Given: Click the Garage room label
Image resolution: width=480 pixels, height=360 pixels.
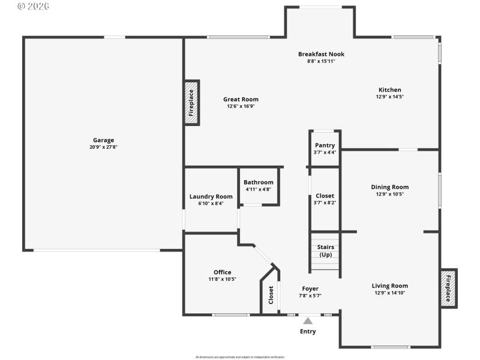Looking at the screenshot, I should (103, 140).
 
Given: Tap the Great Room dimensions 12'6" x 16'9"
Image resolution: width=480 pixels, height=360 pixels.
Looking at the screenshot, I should (241, 106).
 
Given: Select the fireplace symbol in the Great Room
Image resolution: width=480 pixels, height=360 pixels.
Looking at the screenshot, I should (191, 103).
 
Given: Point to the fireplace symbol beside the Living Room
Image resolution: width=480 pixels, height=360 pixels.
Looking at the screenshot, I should (448, 288).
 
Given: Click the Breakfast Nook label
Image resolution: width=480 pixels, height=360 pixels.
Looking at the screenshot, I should (321, 54).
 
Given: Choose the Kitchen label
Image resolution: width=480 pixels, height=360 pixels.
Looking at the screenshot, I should (389, 90).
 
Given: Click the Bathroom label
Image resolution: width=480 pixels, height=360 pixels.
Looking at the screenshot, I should (258, 182).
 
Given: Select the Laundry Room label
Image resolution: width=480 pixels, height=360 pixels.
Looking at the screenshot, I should (211, 196).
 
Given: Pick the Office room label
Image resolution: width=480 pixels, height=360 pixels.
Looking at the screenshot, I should (222, 272).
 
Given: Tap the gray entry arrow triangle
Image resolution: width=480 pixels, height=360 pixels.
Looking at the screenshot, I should (308, 321).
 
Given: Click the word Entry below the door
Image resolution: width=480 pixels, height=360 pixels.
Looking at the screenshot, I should (308, 331).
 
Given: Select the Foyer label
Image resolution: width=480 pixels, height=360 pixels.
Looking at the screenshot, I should (310, 289).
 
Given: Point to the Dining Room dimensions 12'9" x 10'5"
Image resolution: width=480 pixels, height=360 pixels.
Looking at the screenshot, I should (389, 194).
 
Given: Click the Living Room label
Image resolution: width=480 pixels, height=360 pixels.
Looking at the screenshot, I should (389, 286).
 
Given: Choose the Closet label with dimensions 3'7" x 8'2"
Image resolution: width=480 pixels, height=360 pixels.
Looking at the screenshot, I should (325, 196).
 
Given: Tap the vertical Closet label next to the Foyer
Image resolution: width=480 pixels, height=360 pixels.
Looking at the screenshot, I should (271, 295).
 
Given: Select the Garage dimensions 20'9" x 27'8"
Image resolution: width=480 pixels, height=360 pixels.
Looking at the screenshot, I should (103, 147).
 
